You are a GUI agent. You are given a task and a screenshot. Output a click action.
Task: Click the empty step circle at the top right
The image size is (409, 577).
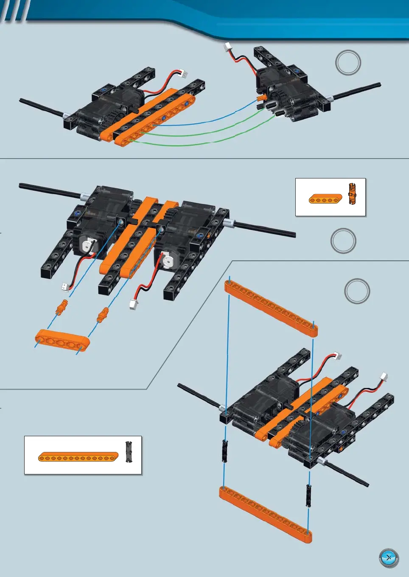coord(348,63)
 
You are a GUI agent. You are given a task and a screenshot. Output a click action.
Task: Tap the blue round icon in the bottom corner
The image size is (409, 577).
coord(389,558)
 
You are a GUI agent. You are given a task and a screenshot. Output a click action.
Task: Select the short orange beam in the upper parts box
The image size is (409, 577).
coord(325,199)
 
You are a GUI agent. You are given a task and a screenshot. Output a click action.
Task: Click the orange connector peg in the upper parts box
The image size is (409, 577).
coord(352,194)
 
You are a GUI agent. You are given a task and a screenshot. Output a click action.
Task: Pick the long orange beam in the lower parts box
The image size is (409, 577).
coord(78,457)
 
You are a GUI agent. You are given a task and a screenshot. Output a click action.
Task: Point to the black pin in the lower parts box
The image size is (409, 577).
coord(129,452)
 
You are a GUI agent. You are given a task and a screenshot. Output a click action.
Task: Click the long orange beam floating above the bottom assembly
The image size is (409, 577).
coord(271,308)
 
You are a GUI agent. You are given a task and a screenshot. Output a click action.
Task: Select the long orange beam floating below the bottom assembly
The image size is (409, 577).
coord(266,514)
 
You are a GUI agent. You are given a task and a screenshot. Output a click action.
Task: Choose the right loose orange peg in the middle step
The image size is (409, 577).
coord(103,315)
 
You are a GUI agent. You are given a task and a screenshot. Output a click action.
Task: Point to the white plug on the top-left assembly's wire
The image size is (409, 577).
coord(184,73)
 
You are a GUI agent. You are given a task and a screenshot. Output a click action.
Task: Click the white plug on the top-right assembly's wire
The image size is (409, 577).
coord(228,47)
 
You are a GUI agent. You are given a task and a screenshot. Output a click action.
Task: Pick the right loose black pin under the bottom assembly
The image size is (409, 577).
coord(309,495)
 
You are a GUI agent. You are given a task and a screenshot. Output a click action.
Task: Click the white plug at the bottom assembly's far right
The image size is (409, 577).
coord(383,376)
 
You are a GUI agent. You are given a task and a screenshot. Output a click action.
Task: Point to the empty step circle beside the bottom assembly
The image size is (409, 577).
coord(357,291)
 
